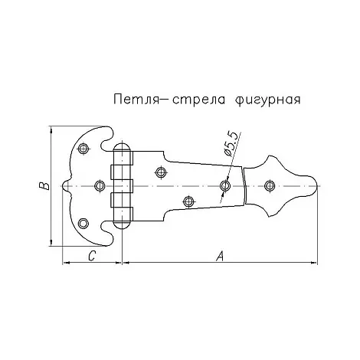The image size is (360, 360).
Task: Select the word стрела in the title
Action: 198,100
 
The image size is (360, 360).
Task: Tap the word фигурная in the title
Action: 268,100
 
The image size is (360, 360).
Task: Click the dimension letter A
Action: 220,256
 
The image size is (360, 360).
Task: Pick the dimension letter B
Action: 44,186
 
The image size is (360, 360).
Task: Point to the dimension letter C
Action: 92,256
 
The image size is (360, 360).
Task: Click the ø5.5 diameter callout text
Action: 232,143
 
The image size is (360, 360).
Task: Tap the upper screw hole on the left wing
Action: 83,148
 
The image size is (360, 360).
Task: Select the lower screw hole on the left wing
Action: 83,223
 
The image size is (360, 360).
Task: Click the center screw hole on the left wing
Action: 100,185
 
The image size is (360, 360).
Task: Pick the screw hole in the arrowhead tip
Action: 270,185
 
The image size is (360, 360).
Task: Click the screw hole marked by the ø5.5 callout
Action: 225,185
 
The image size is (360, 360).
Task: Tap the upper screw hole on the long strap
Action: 161,172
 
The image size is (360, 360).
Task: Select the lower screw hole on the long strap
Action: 188,201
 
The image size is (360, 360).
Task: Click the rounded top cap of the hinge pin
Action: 123,147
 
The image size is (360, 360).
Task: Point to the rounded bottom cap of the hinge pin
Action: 123,224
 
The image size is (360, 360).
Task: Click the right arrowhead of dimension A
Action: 314,262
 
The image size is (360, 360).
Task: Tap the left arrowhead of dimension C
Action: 67,262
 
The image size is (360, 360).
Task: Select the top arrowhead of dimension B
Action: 51,130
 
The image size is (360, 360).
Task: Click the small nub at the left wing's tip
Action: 66,186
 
